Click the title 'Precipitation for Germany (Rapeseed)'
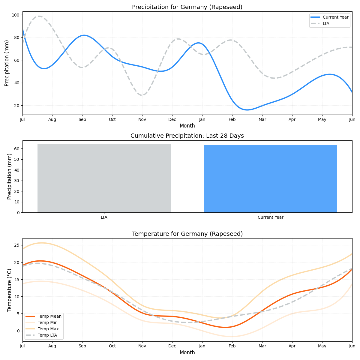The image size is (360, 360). pos(187,7)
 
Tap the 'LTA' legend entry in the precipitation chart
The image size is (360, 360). pos(326,23)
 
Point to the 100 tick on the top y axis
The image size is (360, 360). pos(16,15)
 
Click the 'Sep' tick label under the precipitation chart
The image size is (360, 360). pos(82,120)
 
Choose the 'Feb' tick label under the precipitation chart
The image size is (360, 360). pos(232,120)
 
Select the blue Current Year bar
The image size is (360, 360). pos(270,179)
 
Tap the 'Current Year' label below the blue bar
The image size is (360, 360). pos(270,217)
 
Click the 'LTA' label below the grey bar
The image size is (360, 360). pos(104,217)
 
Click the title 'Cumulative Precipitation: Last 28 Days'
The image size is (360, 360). pos(187,136)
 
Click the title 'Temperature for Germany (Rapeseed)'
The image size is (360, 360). pos(187,234)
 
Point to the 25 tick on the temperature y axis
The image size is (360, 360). pos(17,245)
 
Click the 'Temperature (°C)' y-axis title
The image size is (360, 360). pos(10,290)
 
